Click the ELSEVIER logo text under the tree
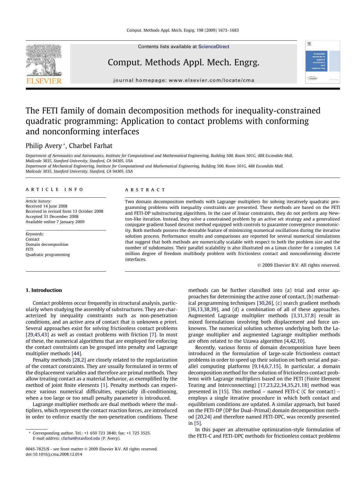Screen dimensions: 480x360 coord(44,81)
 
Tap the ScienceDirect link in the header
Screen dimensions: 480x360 coord(214,47)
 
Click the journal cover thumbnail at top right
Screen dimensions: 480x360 coord(322,62)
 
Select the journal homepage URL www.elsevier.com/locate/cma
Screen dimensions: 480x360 coord(211,80)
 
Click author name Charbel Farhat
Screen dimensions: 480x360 coord(91,146)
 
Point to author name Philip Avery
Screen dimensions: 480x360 coord(44,146)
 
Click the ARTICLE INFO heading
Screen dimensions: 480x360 coord(54,190)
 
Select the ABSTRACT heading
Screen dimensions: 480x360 coord(145,190)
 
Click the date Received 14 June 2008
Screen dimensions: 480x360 coord(46,206)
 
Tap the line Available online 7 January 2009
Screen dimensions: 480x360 coord(55,222)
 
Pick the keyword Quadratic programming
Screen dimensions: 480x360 coord(48,255)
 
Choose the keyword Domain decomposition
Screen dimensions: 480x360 coord(47,244)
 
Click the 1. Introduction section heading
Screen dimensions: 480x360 coord(44,290)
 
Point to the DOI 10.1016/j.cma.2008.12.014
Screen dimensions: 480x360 coord(54,454)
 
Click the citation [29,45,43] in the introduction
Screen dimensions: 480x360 coord(37,335)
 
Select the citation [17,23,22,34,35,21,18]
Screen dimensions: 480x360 coord(283,385)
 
